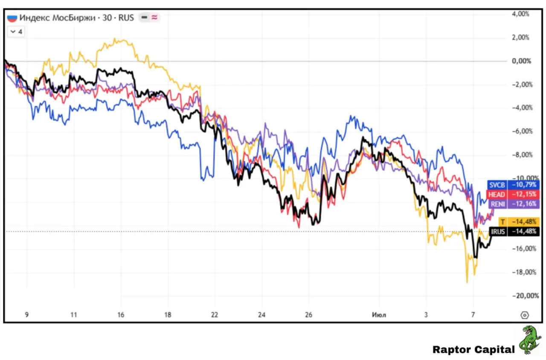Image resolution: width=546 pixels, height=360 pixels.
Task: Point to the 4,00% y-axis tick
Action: tap(520, 14)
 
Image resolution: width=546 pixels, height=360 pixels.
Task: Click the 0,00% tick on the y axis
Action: tap(521, 61)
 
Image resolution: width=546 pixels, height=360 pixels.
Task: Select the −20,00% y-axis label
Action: tap(525, 296)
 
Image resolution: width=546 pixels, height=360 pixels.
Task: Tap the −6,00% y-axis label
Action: tap(522, 131)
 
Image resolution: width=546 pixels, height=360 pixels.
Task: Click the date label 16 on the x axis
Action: tap(121, 315)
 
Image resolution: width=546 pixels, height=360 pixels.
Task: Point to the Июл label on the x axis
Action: tap(379, 315)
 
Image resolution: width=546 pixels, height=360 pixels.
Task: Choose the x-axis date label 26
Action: tap(308, 315)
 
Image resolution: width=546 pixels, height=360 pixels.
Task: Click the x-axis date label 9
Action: tap(27, 315)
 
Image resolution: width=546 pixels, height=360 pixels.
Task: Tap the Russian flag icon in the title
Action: tap(12, 18)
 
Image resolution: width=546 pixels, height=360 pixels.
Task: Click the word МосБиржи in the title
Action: tap(74, 18)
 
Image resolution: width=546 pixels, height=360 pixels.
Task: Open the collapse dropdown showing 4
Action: tap(16, 32)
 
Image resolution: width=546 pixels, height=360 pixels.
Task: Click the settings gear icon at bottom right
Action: tap(525, 315)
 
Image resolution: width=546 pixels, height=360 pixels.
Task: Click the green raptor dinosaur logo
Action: tap(530, 340)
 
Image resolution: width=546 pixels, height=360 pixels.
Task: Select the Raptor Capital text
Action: tap(473, 349)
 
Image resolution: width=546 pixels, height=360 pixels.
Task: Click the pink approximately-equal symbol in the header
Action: tap(154, 17)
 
